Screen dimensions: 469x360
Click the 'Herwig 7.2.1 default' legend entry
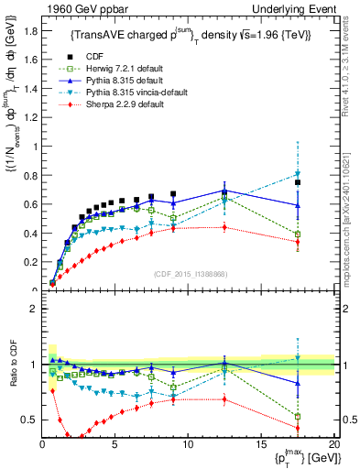(124, 69)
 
